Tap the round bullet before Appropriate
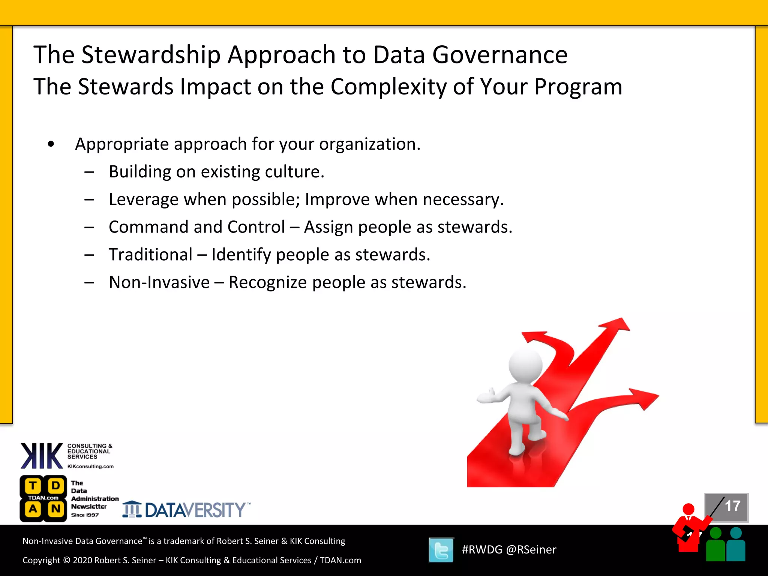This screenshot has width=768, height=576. click(51, 144)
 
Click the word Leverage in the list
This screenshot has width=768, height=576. click(143, 199)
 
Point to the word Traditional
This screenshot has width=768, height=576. click(150, 255)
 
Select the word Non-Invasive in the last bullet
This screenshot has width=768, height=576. click(159, 282)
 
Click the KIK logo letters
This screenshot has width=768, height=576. click(41, 456)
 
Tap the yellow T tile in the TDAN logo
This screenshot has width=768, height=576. click(33, 486)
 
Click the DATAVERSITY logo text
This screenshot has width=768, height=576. click(195, 510)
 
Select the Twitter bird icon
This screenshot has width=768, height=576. click(441, 550)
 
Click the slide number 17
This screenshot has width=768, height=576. click(732, 506)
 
